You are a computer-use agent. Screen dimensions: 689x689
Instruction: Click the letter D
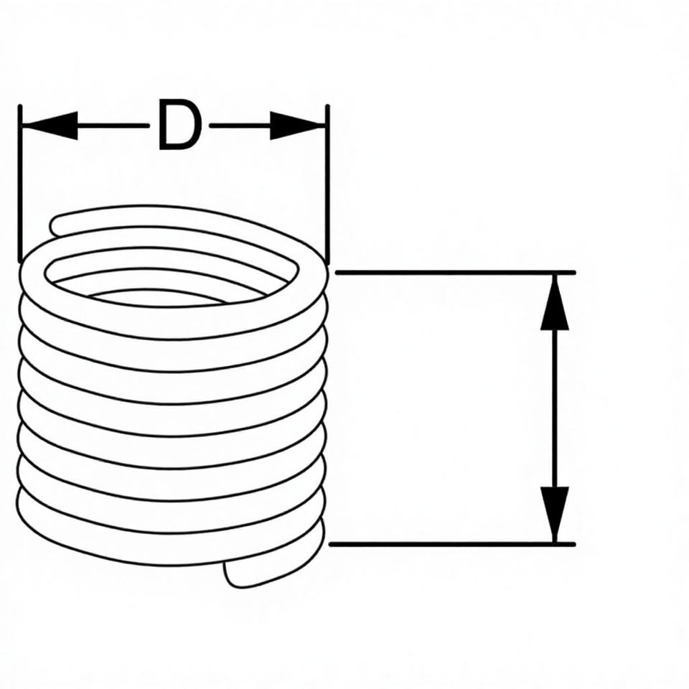179,126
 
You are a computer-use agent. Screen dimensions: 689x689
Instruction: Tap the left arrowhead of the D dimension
50,126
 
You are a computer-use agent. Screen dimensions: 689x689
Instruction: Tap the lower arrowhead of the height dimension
555,513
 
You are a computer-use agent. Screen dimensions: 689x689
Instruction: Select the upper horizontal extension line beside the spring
452,273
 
